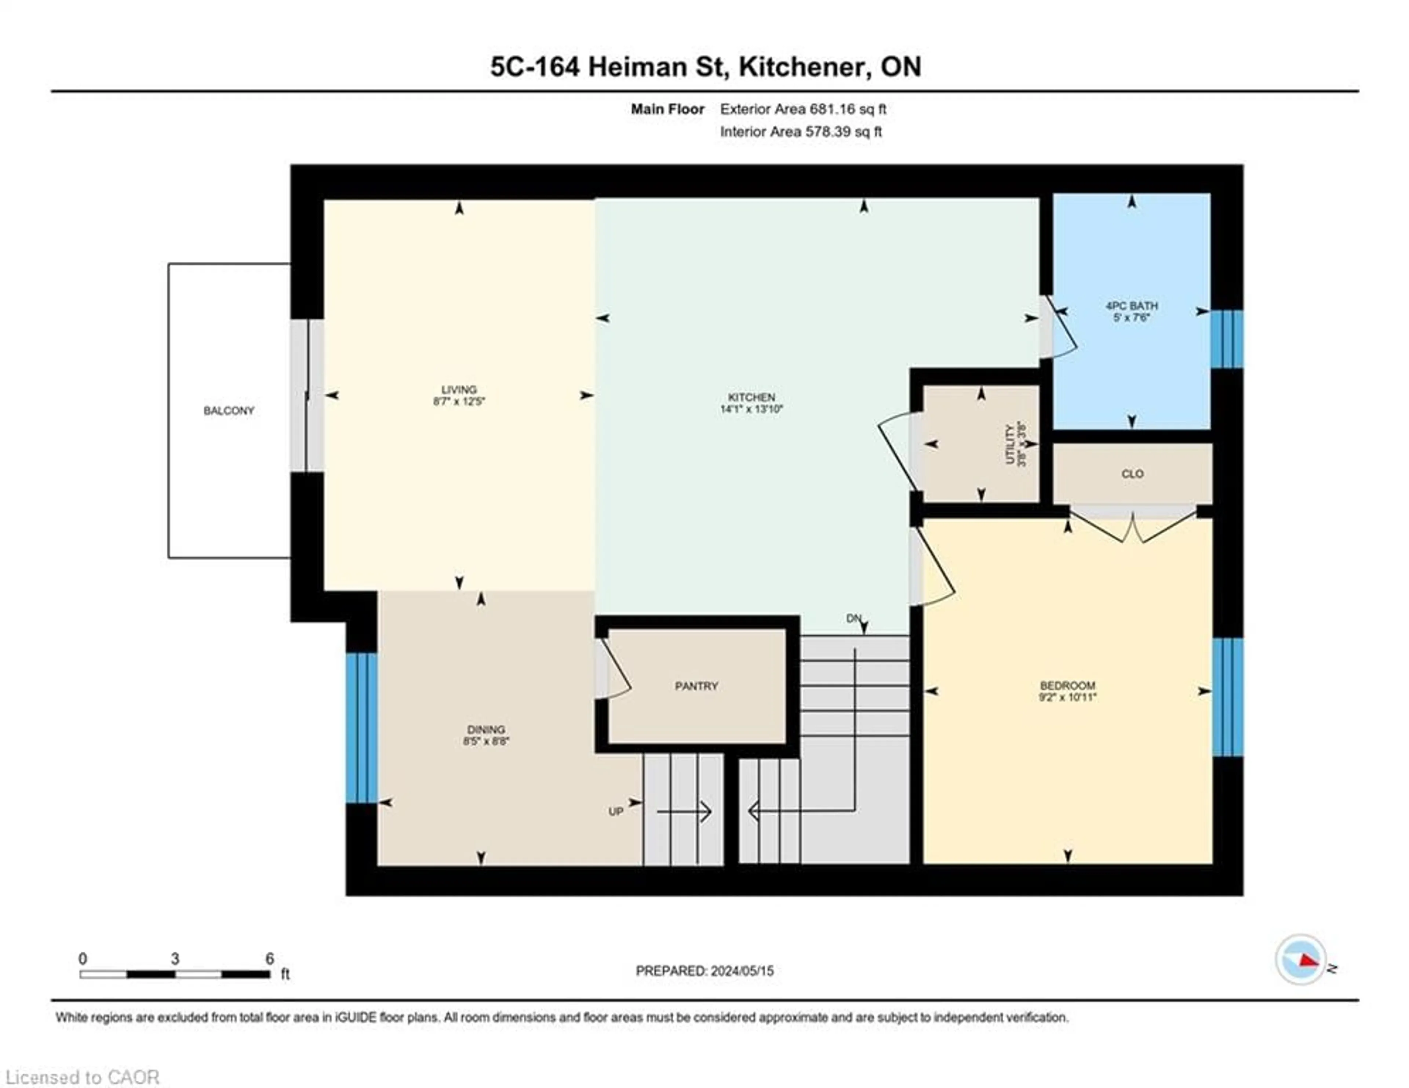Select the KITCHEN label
click(x=751, y=397)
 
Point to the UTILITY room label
click(x=1010, y=444)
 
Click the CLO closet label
click(x=1132, y=474)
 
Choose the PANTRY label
click(x=696, y=686)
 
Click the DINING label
click(x=486, y=729)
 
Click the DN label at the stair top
click(x=853, y=618)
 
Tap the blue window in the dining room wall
click(x=361, y=728)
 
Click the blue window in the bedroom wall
click(x=1227, y=697)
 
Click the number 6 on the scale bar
click(x=270, y=958)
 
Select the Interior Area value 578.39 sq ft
click(x=842, y=132)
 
